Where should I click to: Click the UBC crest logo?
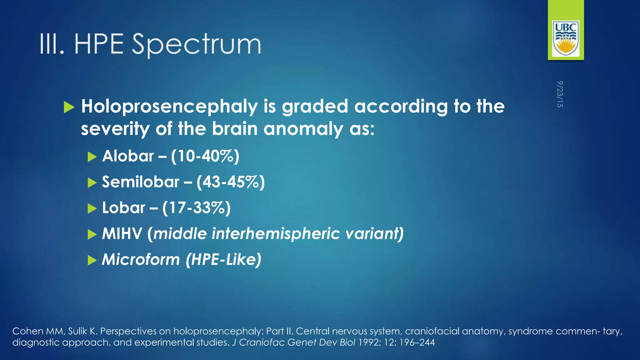[566, 38]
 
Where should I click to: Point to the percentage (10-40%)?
[205, 156]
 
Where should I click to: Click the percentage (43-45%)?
[231, 182]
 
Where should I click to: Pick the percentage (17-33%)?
[196, 208]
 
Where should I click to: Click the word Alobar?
[128, 156]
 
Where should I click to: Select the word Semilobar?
[141, 182]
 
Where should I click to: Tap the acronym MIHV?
[122, 234]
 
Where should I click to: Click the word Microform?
[141, 260]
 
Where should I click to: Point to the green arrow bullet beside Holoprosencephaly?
[69, 107]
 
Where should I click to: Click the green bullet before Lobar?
[92, 208]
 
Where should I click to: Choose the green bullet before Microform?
[92, 260]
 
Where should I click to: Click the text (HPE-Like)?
[223, 260]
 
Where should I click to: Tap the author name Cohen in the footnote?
[28, 331]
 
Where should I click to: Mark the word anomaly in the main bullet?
[303, 129]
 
